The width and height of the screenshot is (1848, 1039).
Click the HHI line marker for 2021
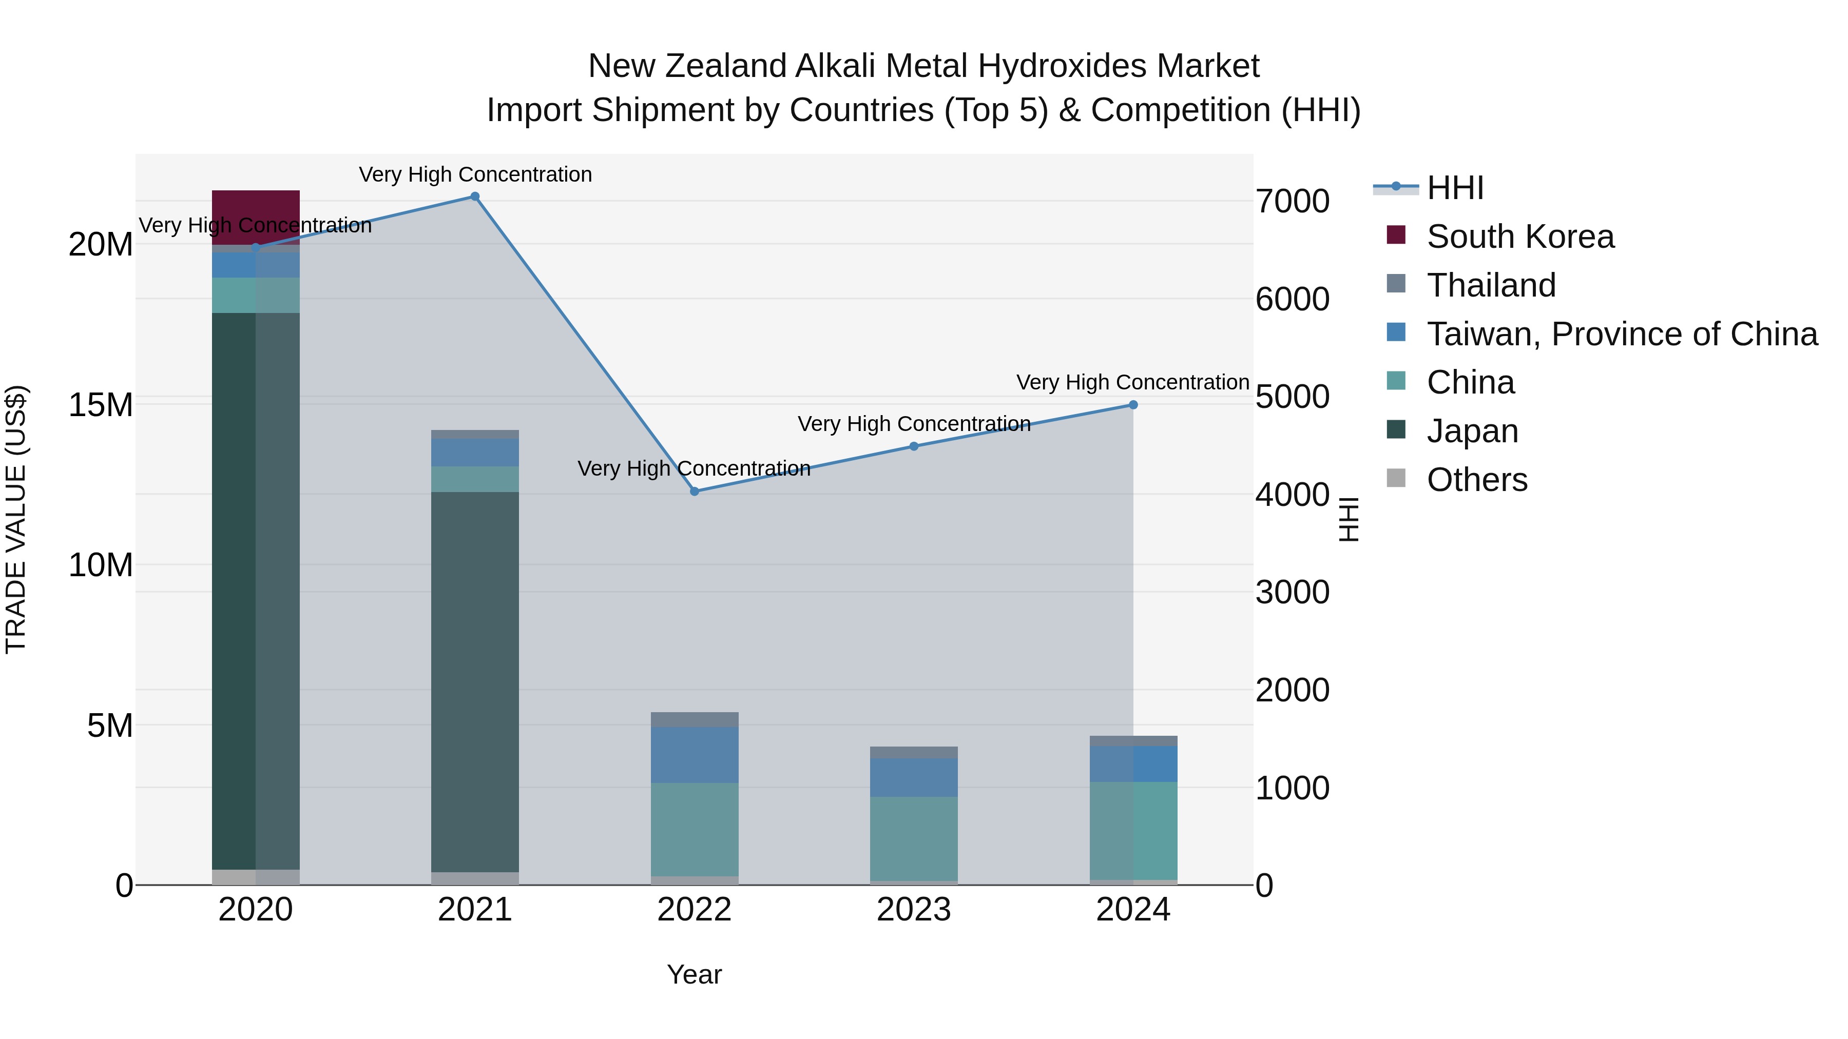475,197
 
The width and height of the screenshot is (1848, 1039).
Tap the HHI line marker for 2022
695,492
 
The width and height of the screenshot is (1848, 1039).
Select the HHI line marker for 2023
914,447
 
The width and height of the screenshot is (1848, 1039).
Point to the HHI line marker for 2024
1133,405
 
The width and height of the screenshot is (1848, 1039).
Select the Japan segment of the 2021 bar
475,681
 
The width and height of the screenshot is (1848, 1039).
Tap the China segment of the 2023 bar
914,838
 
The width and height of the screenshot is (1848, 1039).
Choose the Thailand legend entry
1491,285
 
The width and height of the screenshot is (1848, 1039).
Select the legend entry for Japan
1472,431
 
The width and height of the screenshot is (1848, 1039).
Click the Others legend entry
1476,480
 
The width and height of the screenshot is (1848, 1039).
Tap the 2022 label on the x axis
695,910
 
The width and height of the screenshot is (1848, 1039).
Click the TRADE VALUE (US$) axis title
16,519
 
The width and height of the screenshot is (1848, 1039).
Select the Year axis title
695,974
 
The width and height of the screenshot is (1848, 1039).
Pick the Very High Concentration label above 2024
1133,382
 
